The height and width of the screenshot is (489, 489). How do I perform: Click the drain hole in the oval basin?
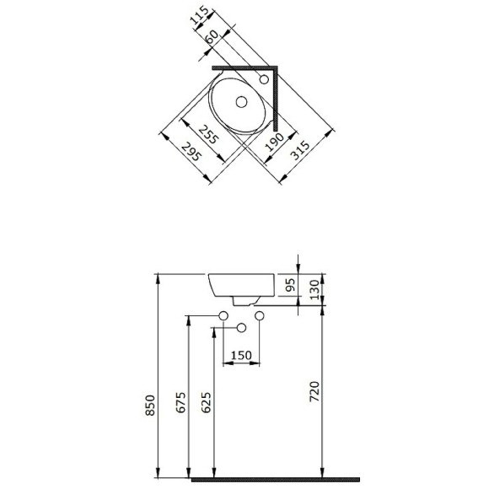(x=241, y=102)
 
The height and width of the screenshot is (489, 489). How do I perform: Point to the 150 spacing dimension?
(x=241, y=356)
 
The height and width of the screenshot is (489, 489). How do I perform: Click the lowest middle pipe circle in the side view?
(x=241, y=327)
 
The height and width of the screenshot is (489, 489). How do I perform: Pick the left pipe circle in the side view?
(x=223, y=315)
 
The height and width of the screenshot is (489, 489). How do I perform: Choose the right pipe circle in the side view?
(x=259, y=315)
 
